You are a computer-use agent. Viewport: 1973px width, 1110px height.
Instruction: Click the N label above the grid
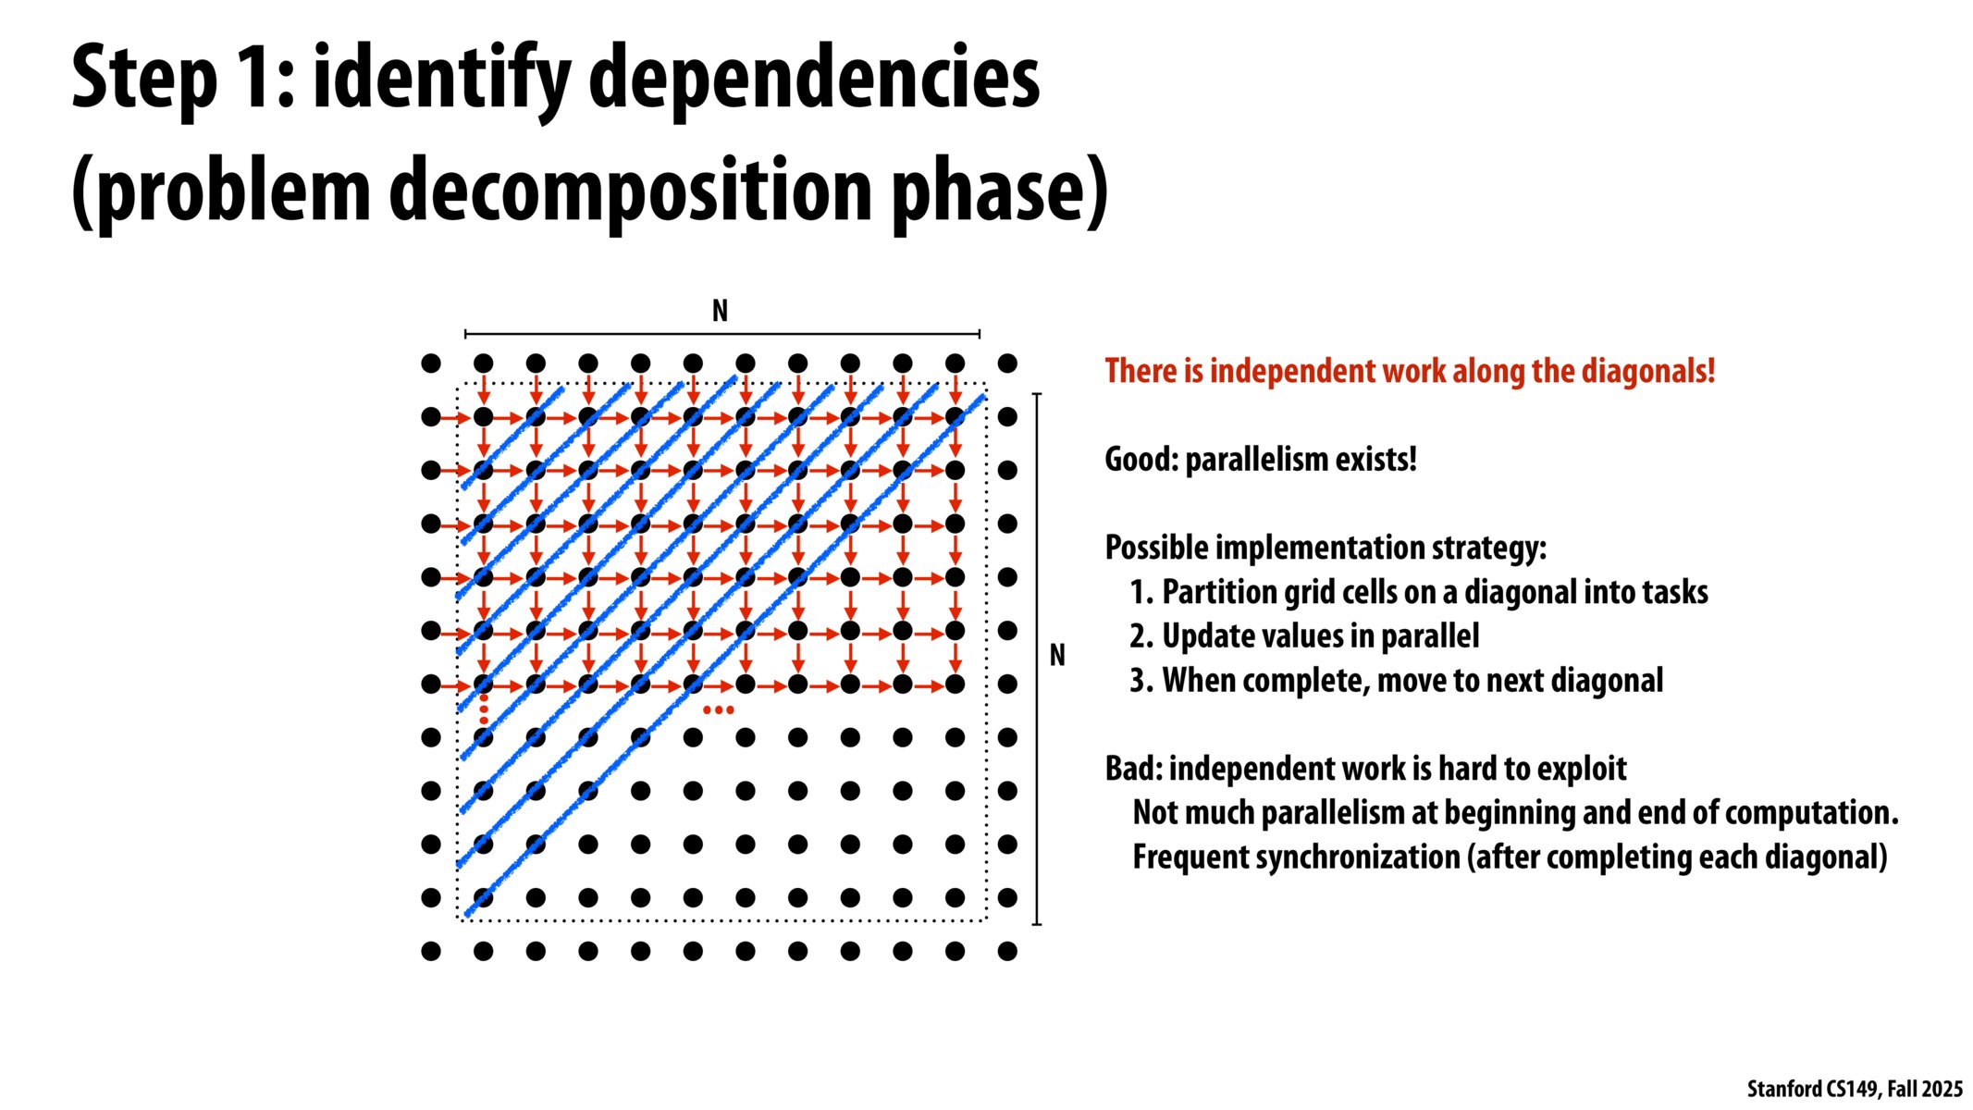720,311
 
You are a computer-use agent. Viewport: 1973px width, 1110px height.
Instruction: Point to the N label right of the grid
1057,655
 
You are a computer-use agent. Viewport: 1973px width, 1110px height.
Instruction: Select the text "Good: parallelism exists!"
1260,459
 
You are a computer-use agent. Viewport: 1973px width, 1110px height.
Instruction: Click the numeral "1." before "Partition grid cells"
1141,592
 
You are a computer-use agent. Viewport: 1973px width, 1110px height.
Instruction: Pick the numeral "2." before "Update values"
1141,636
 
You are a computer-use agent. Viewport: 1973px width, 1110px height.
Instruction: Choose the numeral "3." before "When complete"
1141,681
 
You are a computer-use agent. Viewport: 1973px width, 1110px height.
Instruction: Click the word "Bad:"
1133,769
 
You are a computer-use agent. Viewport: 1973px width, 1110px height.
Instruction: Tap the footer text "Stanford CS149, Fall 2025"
1854,1089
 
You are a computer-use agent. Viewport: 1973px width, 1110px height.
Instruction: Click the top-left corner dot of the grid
431,364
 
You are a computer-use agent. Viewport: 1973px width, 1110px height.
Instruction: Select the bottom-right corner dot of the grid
1008,951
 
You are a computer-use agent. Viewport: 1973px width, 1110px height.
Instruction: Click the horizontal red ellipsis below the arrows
719,710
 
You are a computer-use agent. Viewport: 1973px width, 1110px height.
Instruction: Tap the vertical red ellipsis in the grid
484,709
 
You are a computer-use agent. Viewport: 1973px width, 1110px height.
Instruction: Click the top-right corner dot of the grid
1008,364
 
